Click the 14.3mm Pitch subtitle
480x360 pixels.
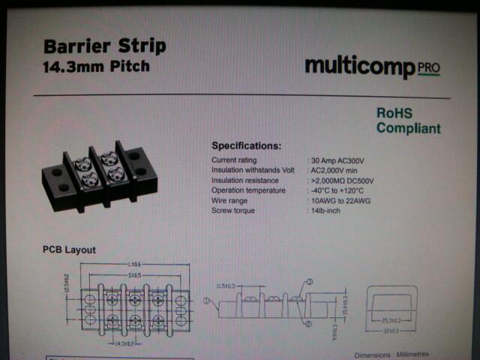coord(96,66)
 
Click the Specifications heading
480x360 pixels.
coord(246,145)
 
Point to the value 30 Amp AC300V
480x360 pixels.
coord(343,160)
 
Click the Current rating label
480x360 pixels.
coord(234,160)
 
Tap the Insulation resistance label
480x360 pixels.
coord(245,181)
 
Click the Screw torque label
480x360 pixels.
coord(233,211)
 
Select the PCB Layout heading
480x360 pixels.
coord(69,250)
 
